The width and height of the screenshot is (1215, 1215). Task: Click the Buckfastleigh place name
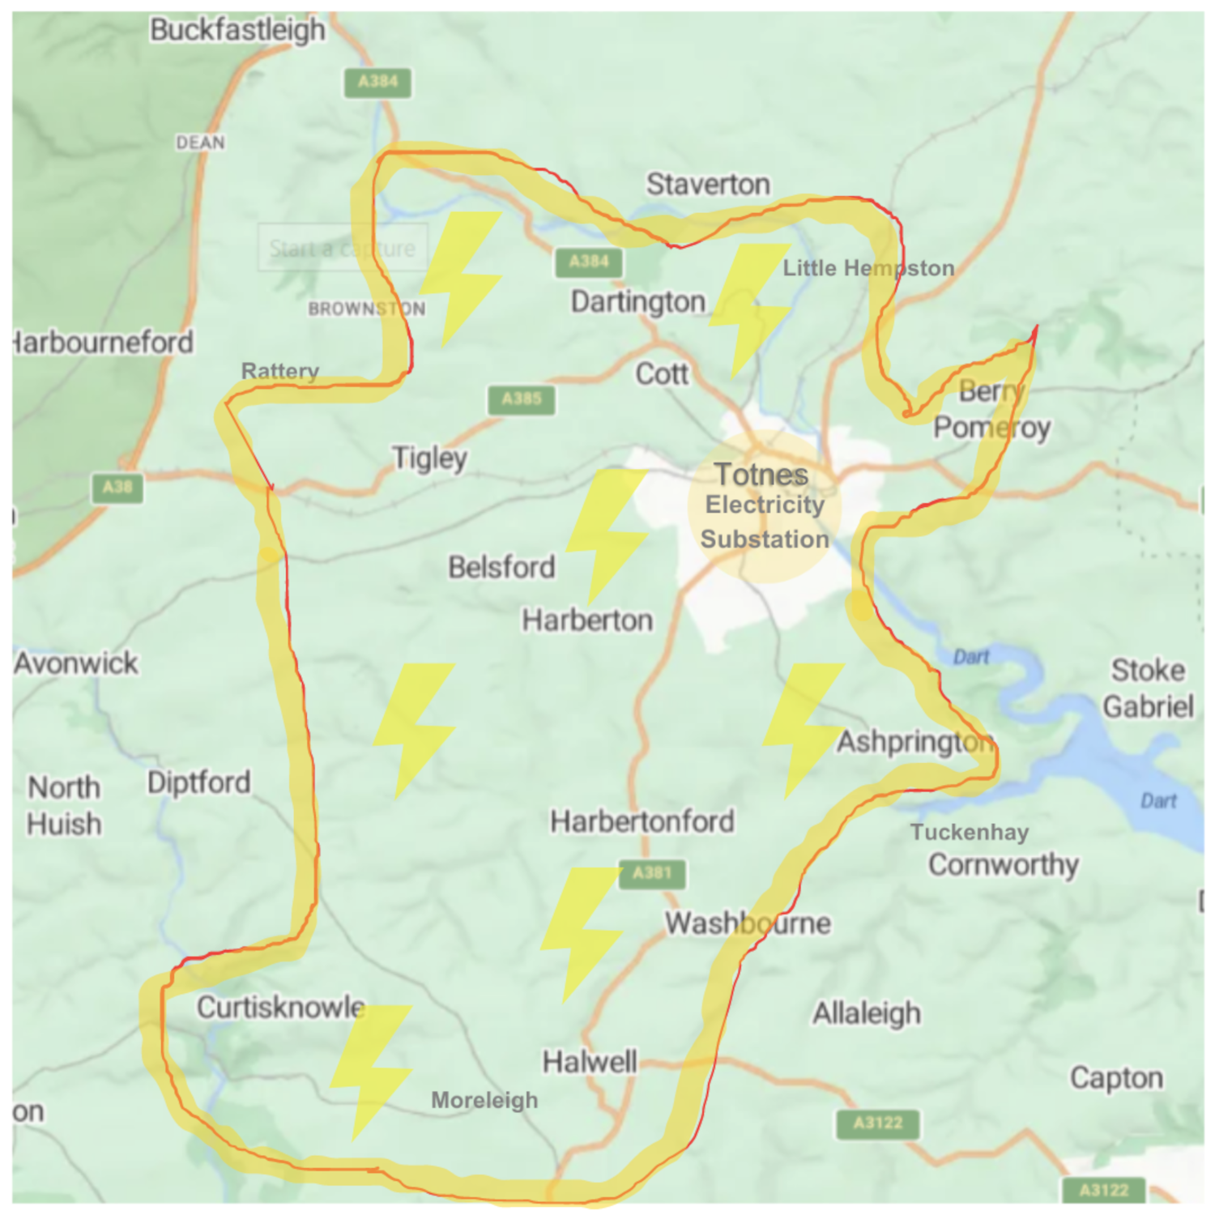[x=237, y=30]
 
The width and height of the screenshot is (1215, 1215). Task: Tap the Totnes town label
[x=761, y=475]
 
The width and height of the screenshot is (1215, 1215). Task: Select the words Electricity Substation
[x=764, y=522]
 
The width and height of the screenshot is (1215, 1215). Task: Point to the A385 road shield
[x=521, y=399]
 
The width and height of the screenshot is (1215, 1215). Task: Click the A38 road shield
[x=117, y=488]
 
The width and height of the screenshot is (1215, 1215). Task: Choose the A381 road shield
[x=652, y=873]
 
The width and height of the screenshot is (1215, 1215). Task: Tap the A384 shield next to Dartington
[x=589, y=262]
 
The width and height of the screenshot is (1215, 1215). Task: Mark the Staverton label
[x=707, y=185]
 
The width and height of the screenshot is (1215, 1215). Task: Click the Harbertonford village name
[x=642, y=821]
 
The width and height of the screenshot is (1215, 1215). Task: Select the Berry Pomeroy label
[x=991, y=409]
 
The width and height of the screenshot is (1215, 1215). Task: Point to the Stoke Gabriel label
[x=1148, y=688]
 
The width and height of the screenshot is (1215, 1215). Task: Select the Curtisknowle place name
[x=280, y=1008]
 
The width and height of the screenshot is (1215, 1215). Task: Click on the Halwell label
[x=589, y=1061]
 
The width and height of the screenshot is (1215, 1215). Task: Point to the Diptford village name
[x=198, y=782]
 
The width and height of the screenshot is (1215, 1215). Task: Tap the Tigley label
[x=429, y=458]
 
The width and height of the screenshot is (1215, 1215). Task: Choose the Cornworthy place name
[x=1003, y=865]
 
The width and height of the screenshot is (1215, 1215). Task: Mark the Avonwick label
[x=76, y=663]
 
